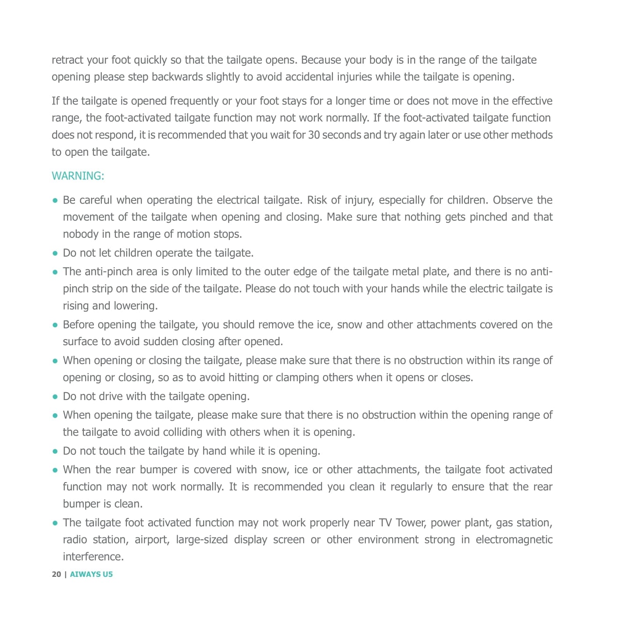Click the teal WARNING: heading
pyautogui.click(x=78, y=176)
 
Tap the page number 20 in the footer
pyautogui.click(x=56, y=574)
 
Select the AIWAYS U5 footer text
pyautogui.click(x=91, y=574)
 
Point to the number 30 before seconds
pyautogui.click(x=314, y=135)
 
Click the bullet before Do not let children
pyautogui.click(x=55, y=254)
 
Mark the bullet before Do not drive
pyautogui.click(x=55, y=397)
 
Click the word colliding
pyautogui.click(x=182, y=433)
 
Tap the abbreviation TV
pyautogui.click(x=385, y=523)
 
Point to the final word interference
pyautogui.click(x=93, y=557)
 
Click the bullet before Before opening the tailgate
pyautogui.click(x=55, y=325)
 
